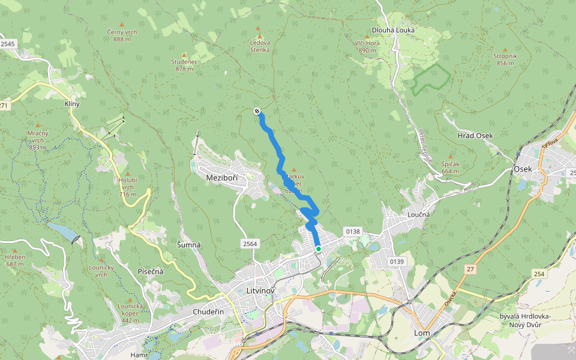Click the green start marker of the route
coord(318,248)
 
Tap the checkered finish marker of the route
coord(257,111)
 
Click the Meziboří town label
coord(222,178)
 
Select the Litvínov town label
coord(260,291)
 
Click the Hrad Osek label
coord(475,136)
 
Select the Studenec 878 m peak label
coord(184,65)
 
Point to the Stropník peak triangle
coord(505,49)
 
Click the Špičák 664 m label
coord(451,167)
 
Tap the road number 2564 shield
coord(250,243)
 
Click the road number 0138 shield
coord(352,231)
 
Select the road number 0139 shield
coord(397,262)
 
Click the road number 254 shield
coord(539,274)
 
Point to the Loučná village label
coord(419,213)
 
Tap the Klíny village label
coord(72,104)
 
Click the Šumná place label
coord(189,245)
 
